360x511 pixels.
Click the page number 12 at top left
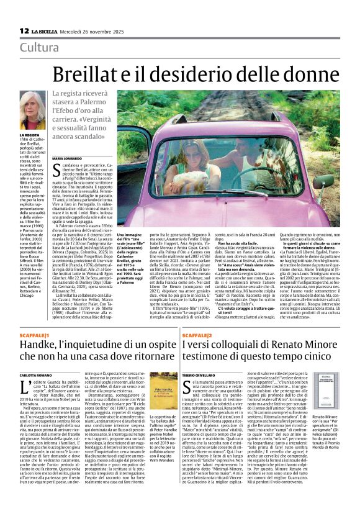pos(24,30)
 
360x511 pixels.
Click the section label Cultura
pos(40,48)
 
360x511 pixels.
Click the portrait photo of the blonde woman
pos(35,112)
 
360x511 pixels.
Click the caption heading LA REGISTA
pos(29,135)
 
